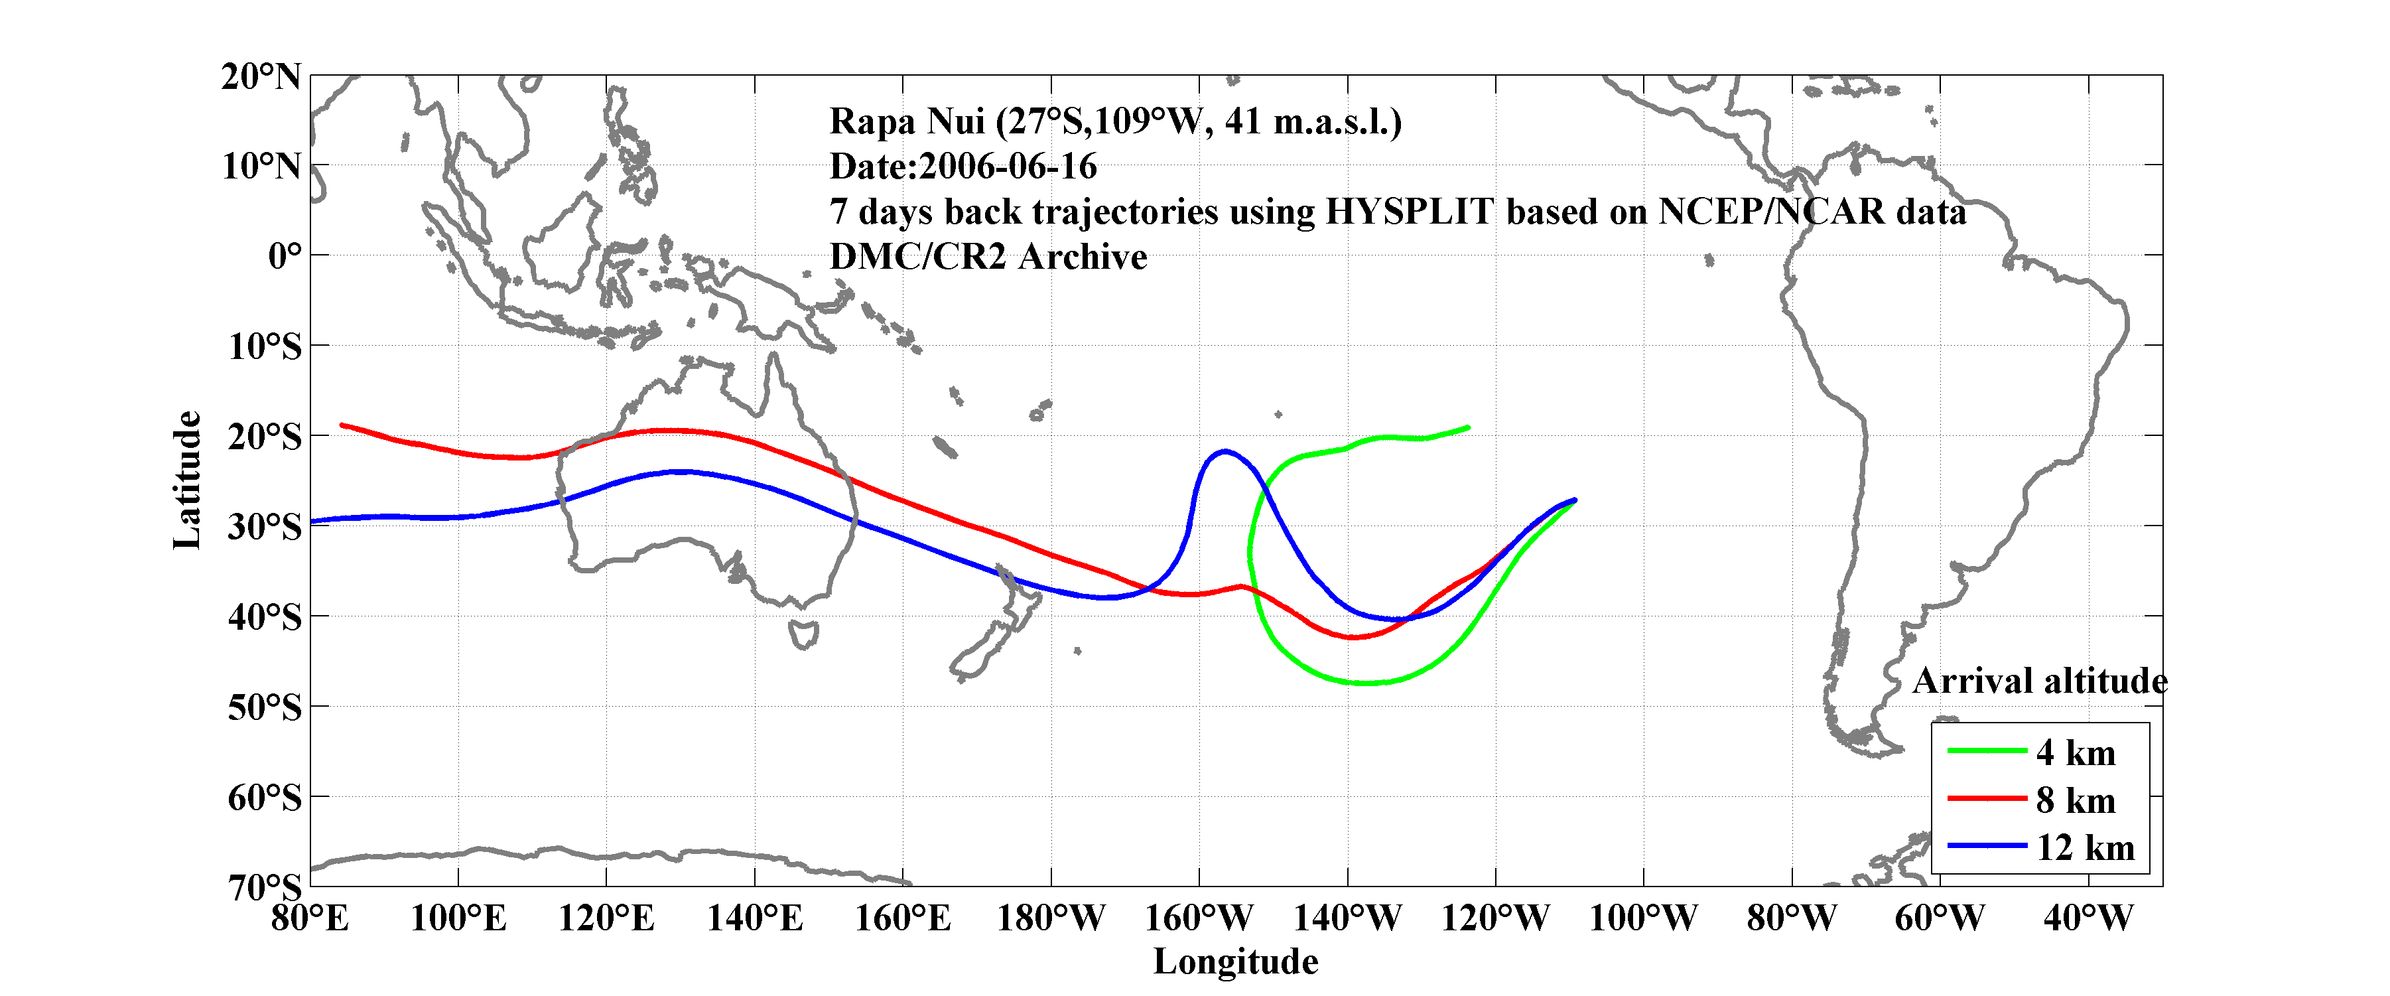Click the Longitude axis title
click(1235, 961)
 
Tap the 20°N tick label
click(261, 76)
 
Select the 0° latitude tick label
click(284, 255)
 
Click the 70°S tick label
click(265, 887)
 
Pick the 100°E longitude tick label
click(458, 919)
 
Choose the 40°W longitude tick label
click(2088, 919)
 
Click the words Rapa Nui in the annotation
click(905, 121)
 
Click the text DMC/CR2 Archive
click(988, 257)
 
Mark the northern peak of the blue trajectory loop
click(1225, 452)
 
